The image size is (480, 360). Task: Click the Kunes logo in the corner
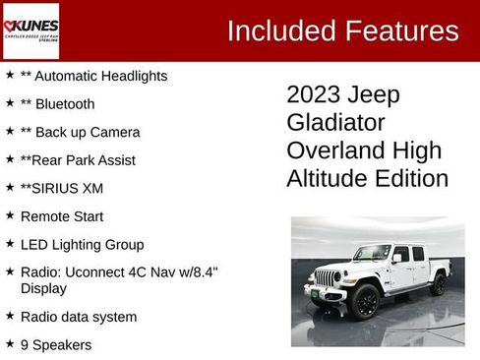(30, 30)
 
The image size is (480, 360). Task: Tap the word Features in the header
(399, 30)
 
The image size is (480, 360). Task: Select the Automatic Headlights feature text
(93, 76)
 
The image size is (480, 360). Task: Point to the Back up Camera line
(80, 132)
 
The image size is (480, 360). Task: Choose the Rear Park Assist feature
(78, 160)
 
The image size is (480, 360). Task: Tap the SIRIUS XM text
(61, 188)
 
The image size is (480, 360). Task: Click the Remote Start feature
(61, 216)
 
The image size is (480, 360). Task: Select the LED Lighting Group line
(82, 245)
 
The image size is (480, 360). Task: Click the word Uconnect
(96, 272)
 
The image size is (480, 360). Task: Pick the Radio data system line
(79, 317)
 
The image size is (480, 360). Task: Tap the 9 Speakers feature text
(56, 345)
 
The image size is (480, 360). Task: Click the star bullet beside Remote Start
(9, 215)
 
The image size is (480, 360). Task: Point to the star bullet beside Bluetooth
(9, 103)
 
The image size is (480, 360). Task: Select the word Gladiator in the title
(335, 123)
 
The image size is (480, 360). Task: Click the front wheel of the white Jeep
(366, 300)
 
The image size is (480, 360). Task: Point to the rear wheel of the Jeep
(438, 284)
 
